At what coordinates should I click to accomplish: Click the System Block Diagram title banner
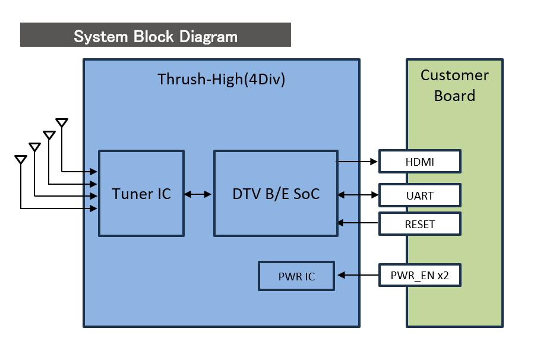coord(155,34)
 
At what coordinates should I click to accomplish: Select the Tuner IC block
coord(141,194)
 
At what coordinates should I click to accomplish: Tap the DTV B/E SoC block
coord(276,194)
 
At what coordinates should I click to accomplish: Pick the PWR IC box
coord(296,276)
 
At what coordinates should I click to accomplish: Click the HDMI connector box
coord(420,162)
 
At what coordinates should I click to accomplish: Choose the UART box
coord(420,195)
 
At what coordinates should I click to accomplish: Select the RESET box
coord(420,224)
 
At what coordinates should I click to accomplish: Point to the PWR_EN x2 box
coord(420,275)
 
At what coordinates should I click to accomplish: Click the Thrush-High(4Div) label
coord(222,79)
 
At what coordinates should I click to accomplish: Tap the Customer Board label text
coord(454,86)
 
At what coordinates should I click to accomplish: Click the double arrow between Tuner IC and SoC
coord(198,194)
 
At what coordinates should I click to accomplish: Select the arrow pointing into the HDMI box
coord(356,162)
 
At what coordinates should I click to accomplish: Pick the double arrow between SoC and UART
coord(358,195)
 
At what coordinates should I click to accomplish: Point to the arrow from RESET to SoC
coord(357,223)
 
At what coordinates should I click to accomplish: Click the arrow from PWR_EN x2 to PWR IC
coord(358,275)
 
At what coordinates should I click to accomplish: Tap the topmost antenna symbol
coord(62,122)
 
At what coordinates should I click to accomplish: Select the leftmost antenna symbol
coord(21,159)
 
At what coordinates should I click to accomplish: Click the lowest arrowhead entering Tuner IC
coord(93,209)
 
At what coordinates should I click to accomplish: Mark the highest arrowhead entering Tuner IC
coord(93,172)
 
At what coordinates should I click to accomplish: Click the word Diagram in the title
coord(208,36)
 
